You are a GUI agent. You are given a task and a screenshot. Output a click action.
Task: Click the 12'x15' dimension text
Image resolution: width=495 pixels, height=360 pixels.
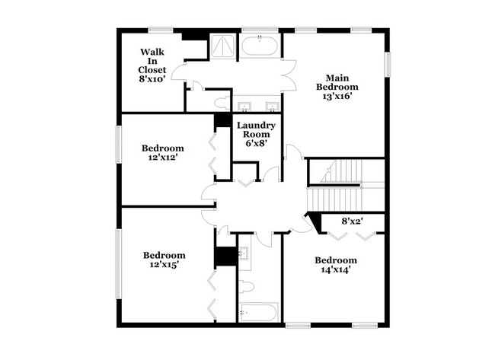coord(164,266)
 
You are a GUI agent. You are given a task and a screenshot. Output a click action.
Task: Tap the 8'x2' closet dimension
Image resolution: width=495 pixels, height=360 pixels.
coord(352,221)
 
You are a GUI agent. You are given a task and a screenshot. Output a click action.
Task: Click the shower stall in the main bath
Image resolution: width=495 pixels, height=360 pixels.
coord(222,47)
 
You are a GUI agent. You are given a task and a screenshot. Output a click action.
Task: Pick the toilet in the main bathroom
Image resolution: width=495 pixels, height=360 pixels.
coord(222,101)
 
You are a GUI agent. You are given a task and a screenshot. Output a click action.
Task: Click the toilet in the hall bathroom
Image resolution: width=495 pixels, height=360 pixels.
coord(245,287)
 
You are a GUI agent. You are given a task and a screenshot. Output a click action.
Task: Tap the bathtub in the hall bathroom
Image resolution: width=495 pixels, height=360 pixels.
coord(258,312)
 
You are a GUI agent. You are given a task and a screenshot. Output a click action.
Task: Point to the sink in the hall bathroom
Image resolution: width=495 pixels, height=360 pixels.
coord(244,254)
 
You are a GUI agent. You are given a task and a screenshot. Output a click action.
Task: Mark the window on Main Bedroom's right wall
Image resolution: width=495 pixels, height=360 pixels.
coord(387,64)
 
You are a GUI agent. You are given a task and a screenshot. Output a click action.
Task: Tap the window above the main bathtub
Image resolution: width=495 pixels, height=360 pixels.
coord(260,30)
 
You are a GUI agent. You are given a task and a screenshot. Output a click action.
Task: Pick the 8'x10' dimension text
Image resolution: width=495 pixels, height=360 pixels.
coord(152,79)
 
